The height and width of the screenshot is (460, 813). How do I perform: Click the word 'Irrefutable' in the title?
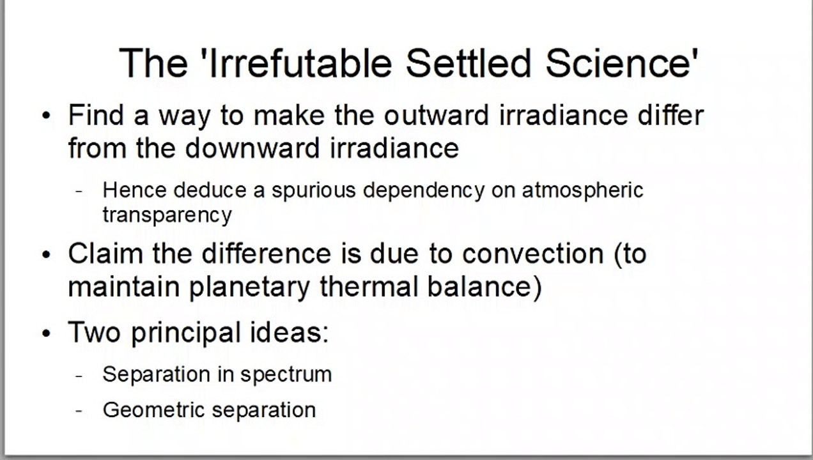[300, 63]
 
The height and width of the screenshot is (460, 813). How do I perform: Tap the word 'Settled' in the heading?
[468, 63]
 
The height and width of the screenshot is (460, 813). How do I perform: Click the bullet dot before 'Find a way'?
[46, 116]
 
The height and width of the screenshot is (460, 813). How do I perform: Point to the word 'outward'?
[437, 115]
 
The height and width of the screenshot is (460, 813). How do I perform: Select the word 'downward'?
[252, 148]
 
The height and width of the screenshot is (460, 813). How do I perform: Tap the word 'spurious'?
[314, 190]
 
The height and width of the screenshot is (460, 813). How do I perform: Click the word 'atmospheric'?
[582, 190]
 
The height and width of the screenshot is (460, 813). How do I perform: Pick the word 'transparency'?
[167, 215]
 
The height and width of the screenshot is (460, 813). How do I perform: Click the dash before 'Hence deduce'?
[79, 191]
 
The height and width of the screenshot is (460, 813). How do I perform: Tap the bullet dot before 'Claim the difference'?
[46, 254]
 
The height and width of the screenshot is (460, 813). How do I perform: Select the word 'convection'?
[533, 254]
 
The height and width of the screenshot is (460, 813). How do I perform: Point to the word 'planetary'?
[249, 287]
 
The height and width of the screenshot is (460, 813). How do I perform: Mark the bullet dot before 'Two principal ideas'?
[46, 333]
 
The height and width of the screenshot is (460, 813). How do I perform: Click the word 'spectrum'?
[286, 375]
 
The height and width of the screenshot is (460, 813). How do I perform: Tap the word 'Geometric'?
[154, 410]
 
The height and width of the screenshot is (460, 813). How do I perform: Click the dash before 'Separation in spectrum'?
[79, 376]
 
